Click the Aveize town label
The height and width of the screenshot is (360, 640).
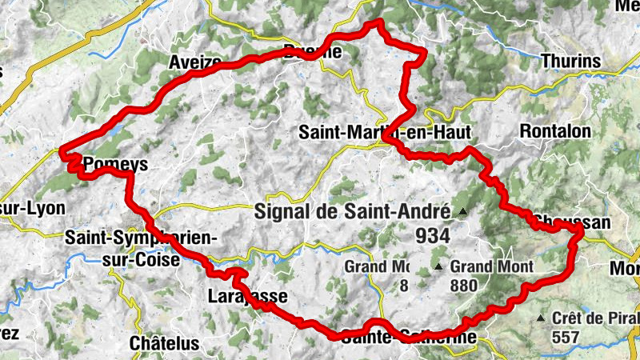195,62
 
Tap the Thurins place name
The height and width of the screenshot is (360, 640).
570,60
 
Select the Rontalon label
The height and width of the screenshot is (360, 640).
555,130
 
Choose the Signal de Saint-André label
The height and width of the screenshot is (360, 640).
354,212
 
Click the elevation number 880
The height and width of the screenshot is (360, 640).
463,285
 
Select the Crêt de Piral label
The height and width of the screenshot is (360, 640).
592,318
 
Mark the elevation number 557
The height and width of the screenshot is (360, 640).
565,337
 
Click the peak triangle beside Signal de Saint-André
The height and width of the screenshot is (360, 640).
463,212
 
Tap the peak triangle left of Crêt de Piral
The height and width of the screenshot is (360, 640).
543,318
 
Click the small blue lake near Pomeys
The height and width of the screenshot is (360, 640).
116,128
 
